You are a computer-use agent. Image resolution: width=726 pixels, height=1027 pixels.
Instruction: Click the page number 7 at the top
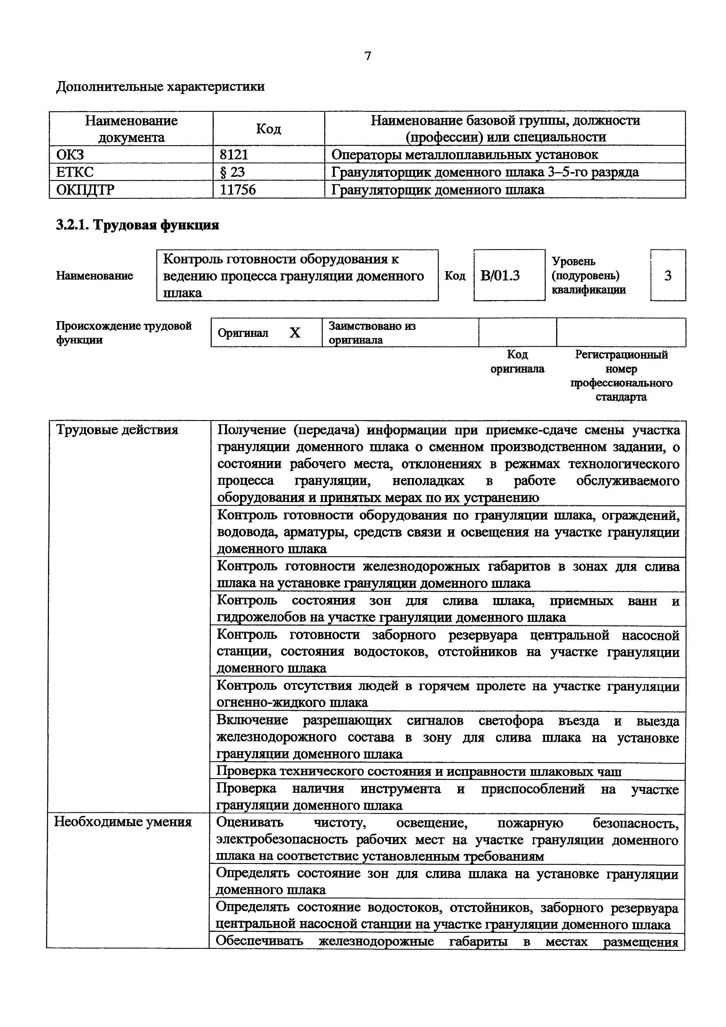click(x=368, y=56)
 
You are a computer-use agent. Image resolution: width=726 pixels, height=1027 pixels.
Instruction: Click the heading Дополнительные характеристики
click(x=160, y=86)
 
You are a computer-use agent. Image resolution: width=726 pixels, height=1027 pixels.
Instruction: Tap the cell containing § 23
click(x=233, y=172)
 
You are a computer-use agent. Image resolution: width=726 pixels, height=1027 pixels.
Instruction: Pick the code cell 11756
click(x=238, y=190)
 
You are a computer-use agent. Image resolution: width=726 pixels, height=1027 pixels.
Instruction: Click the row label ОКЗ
click(x=70, y=155)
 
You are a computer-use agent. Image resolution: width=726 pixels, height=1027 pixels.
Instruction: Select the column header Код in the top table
click(x=268, y=129)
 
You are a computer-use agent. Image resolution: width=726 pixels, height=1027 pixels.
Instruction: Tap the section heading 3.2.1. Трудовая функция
click(x=137, y=225)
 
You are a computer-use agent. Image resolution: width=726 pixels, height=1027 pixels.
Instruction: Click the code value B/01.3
click(x=500, y=275)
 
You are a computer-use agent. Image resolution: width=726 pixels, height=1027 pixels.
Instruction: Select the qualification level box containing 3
click(x=667, y=275)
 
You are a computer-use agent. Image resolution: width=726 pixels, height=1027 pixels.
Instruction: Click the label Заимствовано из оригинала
click(x=372, y=332)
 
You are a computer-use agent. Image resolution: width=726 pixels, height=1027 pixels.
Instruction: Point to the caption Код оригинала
click(x=517, y=362)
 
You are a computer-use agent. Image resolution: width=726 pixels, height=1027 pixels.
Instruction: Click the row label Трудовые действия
click(x=117, y=430)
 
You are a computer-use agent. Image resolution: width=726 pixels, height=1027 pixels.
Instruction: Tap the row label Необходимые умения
click(x=123, y=822)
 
